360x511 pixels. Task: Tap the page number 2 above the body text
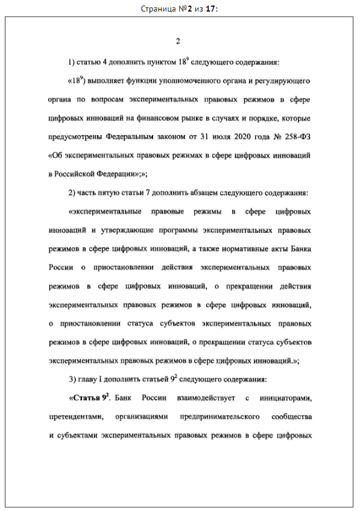(178, 42)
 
